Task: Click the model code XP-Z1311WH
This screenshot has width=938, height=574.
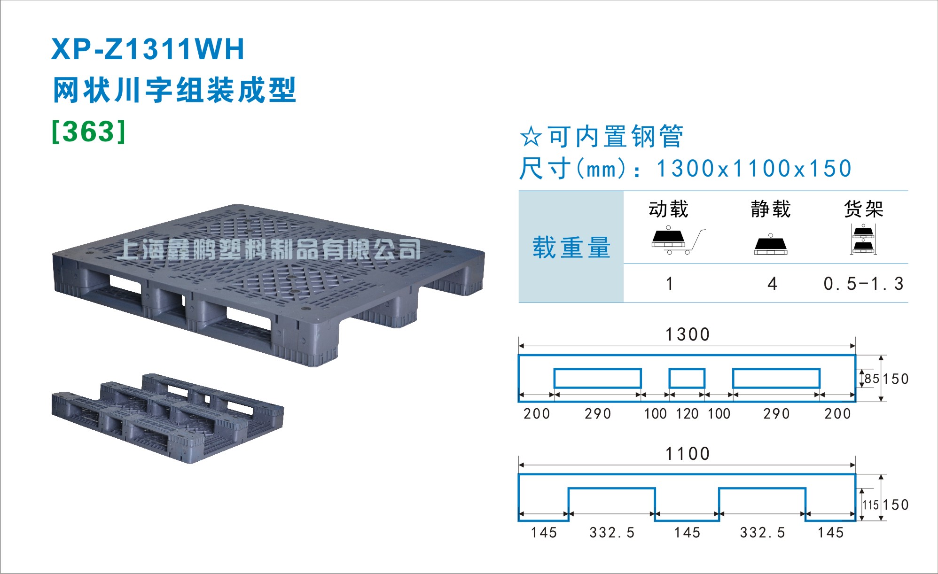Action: [148, 49]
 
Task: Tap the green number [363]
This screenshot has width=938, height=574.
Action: [89, 132]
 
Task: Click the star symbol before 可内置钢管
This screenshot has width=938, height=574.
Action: [531, 136]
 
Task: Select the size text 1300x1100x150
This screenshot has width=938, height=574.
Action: [754, 169]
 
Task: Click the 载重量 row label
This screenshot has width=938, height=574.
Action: [571, 248]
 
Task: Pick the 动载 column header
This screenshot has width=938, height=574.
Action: [668, 209]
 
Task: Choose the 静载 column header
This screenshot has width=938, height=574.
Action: [771, 209]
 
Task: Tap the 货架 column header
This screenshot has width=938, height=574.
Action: [864, 209]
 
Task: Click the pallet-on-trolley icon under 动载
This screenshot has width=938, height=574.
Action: [678, 241]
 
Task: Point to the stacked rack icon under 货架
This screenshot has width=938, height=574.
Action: [863, 240]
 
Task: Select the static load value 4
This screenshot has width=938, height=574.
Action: [772, 284]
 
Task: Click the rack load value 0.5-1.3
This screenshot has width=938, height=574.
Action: [863, 284]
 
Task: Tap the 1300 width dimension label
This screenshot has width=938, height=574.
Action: [688, 334]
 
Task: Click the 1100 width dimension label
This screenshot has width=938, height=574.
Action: [688, 454]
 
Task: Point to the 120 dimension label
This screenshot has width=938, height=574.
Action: [687, 414]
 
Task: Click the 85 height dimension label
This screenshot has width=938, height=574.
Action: [872, 379]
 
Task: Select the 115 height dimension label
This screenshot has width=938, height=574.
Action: [871, 505]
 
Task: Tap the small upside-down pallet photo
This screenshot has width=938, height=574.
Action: [168, 418]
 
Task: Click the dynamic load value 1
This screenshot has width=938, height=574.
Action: [670, 284]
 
